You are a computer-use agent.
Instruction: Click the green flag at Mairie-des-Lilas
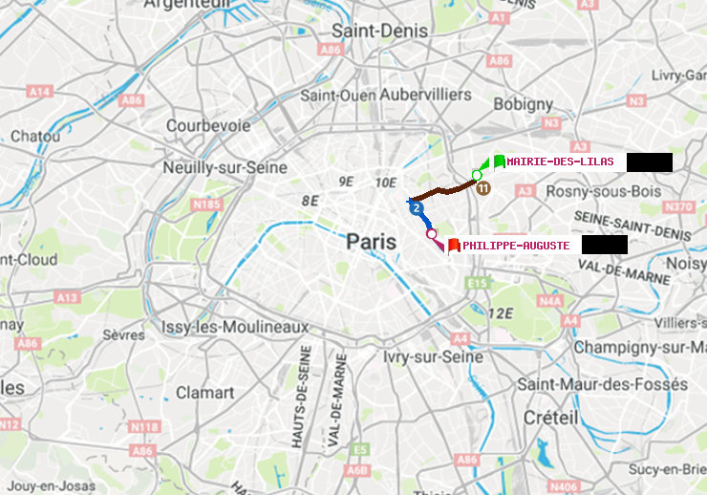[500, 161]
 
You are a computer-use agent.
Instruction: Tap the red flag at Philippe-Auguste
[454, 246]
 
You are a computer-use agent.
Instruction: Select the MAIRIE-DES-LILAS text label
[561, 162]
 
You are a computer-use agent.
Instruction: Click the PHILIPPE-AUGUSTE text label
[516, 246]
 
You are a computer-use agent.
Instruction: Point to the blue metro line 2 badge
[416, 207]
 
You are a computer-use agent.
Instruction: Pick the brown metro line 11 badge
[483, 188]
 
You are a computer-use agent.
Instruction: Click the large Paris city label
[372, 242]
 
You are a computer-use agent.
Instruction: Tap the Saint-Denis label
[379, 31]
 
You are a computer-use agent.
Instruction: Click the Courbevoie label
[208, 125]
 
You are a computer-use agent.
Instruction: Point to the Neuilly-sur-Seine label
[225, 167]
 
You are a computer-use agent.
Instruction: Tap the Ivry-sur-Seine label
[433, 356]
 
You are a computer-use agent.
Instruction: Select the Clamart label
[204, 392]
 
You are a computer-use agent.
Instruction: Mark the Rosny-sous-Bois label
[602, 191]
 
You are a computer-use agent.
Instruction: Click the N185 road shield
[206, 204]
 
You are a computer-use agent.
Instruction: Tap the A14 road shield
[39, 91]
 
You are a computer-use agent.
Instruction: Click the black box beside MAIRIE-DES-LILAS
[650, 162]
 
